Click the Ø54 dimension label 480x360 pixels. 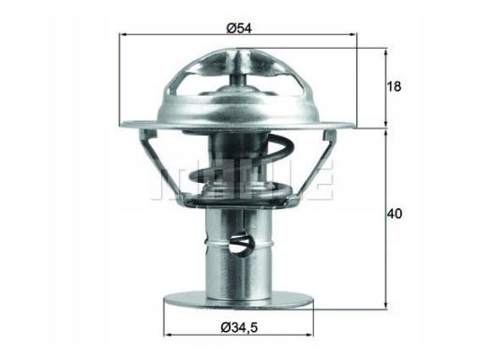[x=238, y=26]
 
